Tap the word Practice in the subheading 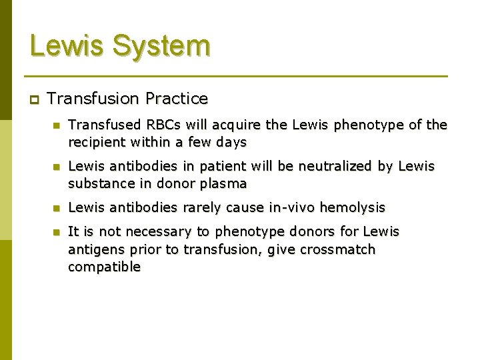(x=178, y=99)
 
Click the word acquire (x=223, y=125)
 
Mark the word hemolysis (x=353, y=207)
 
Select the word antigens (x=93, y=249)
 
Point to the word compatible (x=104, y=267)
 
